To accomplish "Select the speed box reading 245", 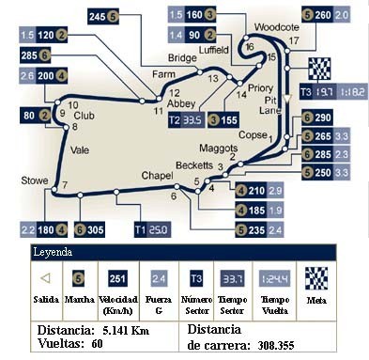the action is pos(98,16).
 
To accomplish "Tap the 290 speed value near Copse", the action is pos(324,117).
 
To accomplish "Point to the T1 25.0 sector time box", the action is pos(151,227).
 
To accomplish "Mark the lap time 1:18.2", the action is pos(353,91).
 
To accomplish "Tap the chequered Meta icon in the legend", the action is pos(315,278).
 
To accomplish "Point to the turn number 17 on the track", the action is pos(294,41).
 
